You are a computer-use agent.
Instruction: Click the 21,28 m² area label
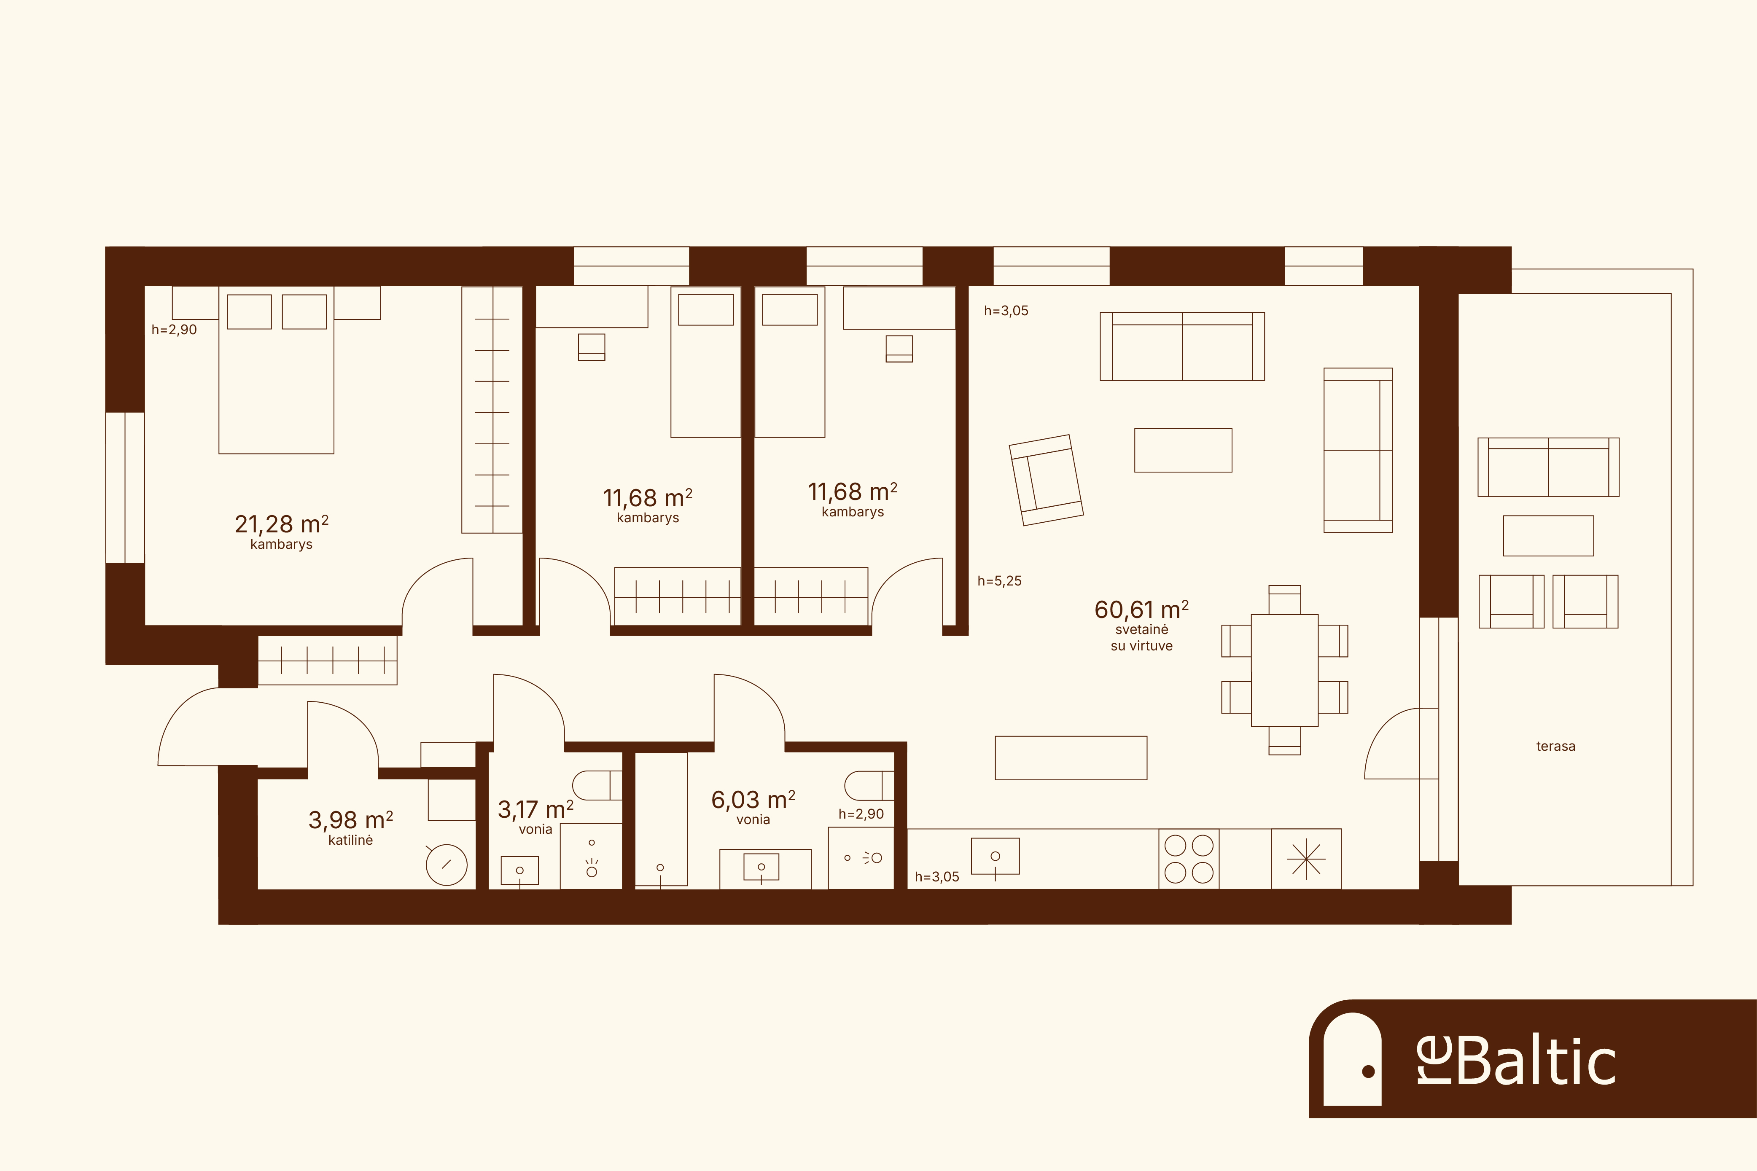coord(282,524)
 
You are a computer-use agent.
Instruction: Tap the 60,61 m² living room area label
coord(1141,610)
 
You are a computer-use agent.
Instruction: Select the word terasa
coord(1555,746)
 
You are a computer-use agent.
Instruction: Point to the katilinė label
coord(350,840)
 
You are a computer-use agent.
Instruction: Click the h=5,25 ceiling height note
coord(1000,581)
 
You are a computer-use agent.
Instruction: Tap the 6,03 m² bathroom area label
coord(753,800)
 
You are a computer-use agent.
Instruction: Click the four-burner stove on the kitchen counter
coord(1189,859)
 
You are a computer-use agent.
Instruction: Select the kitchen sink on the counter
coord(995,856)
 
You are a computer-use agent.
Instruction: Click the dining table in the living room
coord(1285,670)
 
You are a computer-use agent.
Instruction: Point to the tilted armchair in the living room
coord(1046,480)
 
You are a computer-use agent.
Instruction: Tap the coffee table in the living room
coord(1183,450)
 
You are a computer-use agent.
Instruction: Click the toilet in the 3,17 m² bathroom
coord(597,786)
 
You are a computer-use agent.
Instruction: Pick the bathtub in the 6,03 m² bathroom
coord(661,819)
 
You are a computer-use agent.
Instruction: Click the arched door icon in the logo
coord(1352,1059)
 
